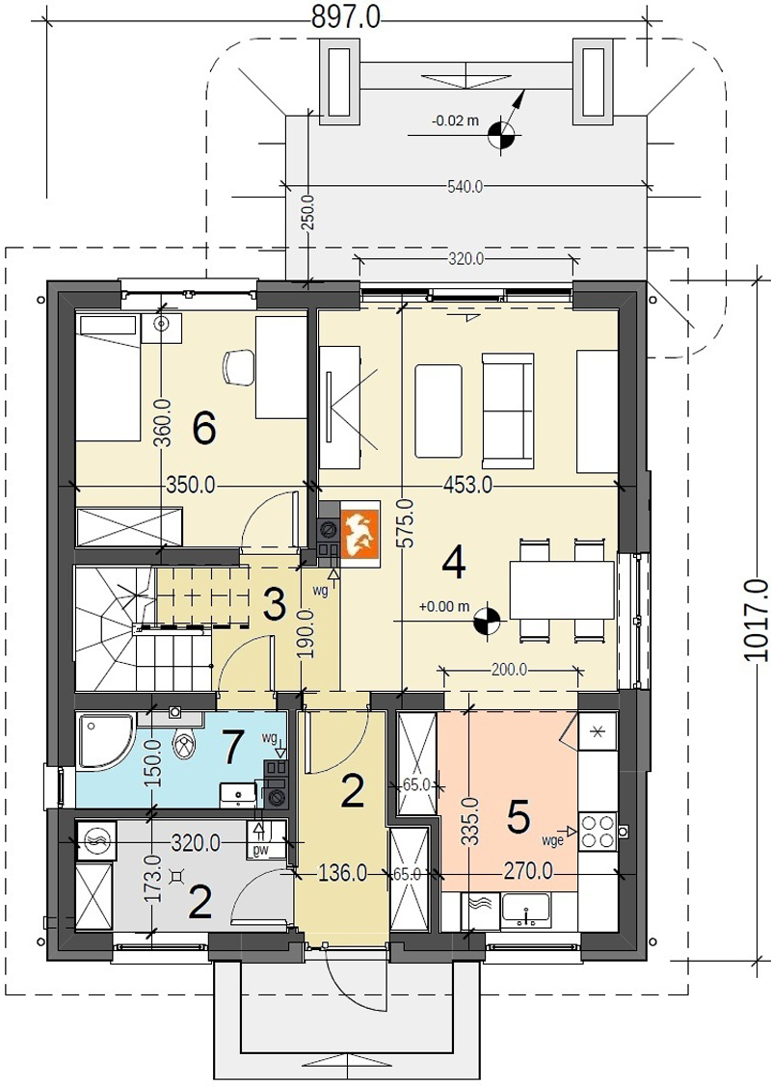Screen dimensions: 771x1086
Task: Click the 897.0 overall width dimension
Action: tap(346, 15)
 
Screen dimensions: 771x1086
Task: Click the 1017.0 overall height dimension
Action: tap(756, 620)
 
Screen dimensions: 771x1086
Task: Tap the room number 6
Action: tap(204, 429)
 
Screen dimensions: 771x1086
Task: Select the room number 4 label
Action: tap(454, 563)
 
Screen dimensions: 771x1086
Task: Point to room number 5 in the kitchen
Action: tap(518, 817)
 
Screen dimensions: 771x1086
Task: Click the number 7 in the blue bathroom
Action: tap(231, 746)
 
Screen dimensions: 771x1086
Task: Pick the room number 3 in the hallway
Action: tap(275, 605)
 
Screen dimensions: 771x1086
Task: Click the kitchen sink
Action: tap(526, 910)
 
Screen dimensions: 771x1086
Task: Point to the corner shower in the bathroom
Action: tap(105, 742)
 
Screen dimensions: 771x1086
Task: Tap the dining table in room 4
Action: tap(563, 590)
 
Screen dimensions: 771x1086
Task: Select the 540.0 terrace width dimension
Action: tap(465, 186)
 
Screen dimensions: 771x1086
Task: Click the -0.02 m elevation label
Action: tap(455, 120)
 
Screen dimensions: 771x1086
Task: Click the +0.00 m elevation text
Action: tap(444, 607)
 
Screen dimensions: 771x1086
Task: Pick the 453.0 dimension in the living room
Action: tap(468, 486)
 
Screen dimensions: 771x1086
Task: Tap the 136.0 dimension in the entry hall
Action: tap(342, 873)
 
